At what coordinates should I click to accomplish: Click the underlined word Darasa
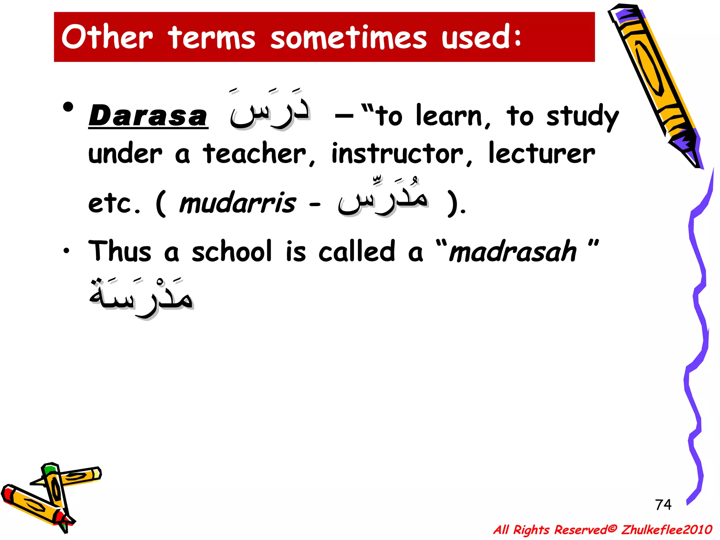click(x=148, y=116)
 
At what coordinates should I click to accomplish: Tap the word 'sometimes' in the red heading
click(x=348, y=38)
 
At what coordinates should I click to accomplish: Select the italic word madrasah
click(x=513, y=251)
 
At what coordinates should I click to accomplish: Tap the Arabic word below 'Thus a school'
click(x=141, y=297)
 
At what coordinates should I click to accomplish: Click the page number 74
click(x=663, y=504)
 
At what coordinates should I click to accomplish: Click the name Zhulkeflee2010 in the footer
click(x=667, y=529)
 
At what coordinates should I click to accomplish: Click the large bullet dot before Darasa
click(x=68, y=107)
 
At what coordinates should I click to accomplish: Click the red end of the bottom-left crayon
click(x=7, y=492)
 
